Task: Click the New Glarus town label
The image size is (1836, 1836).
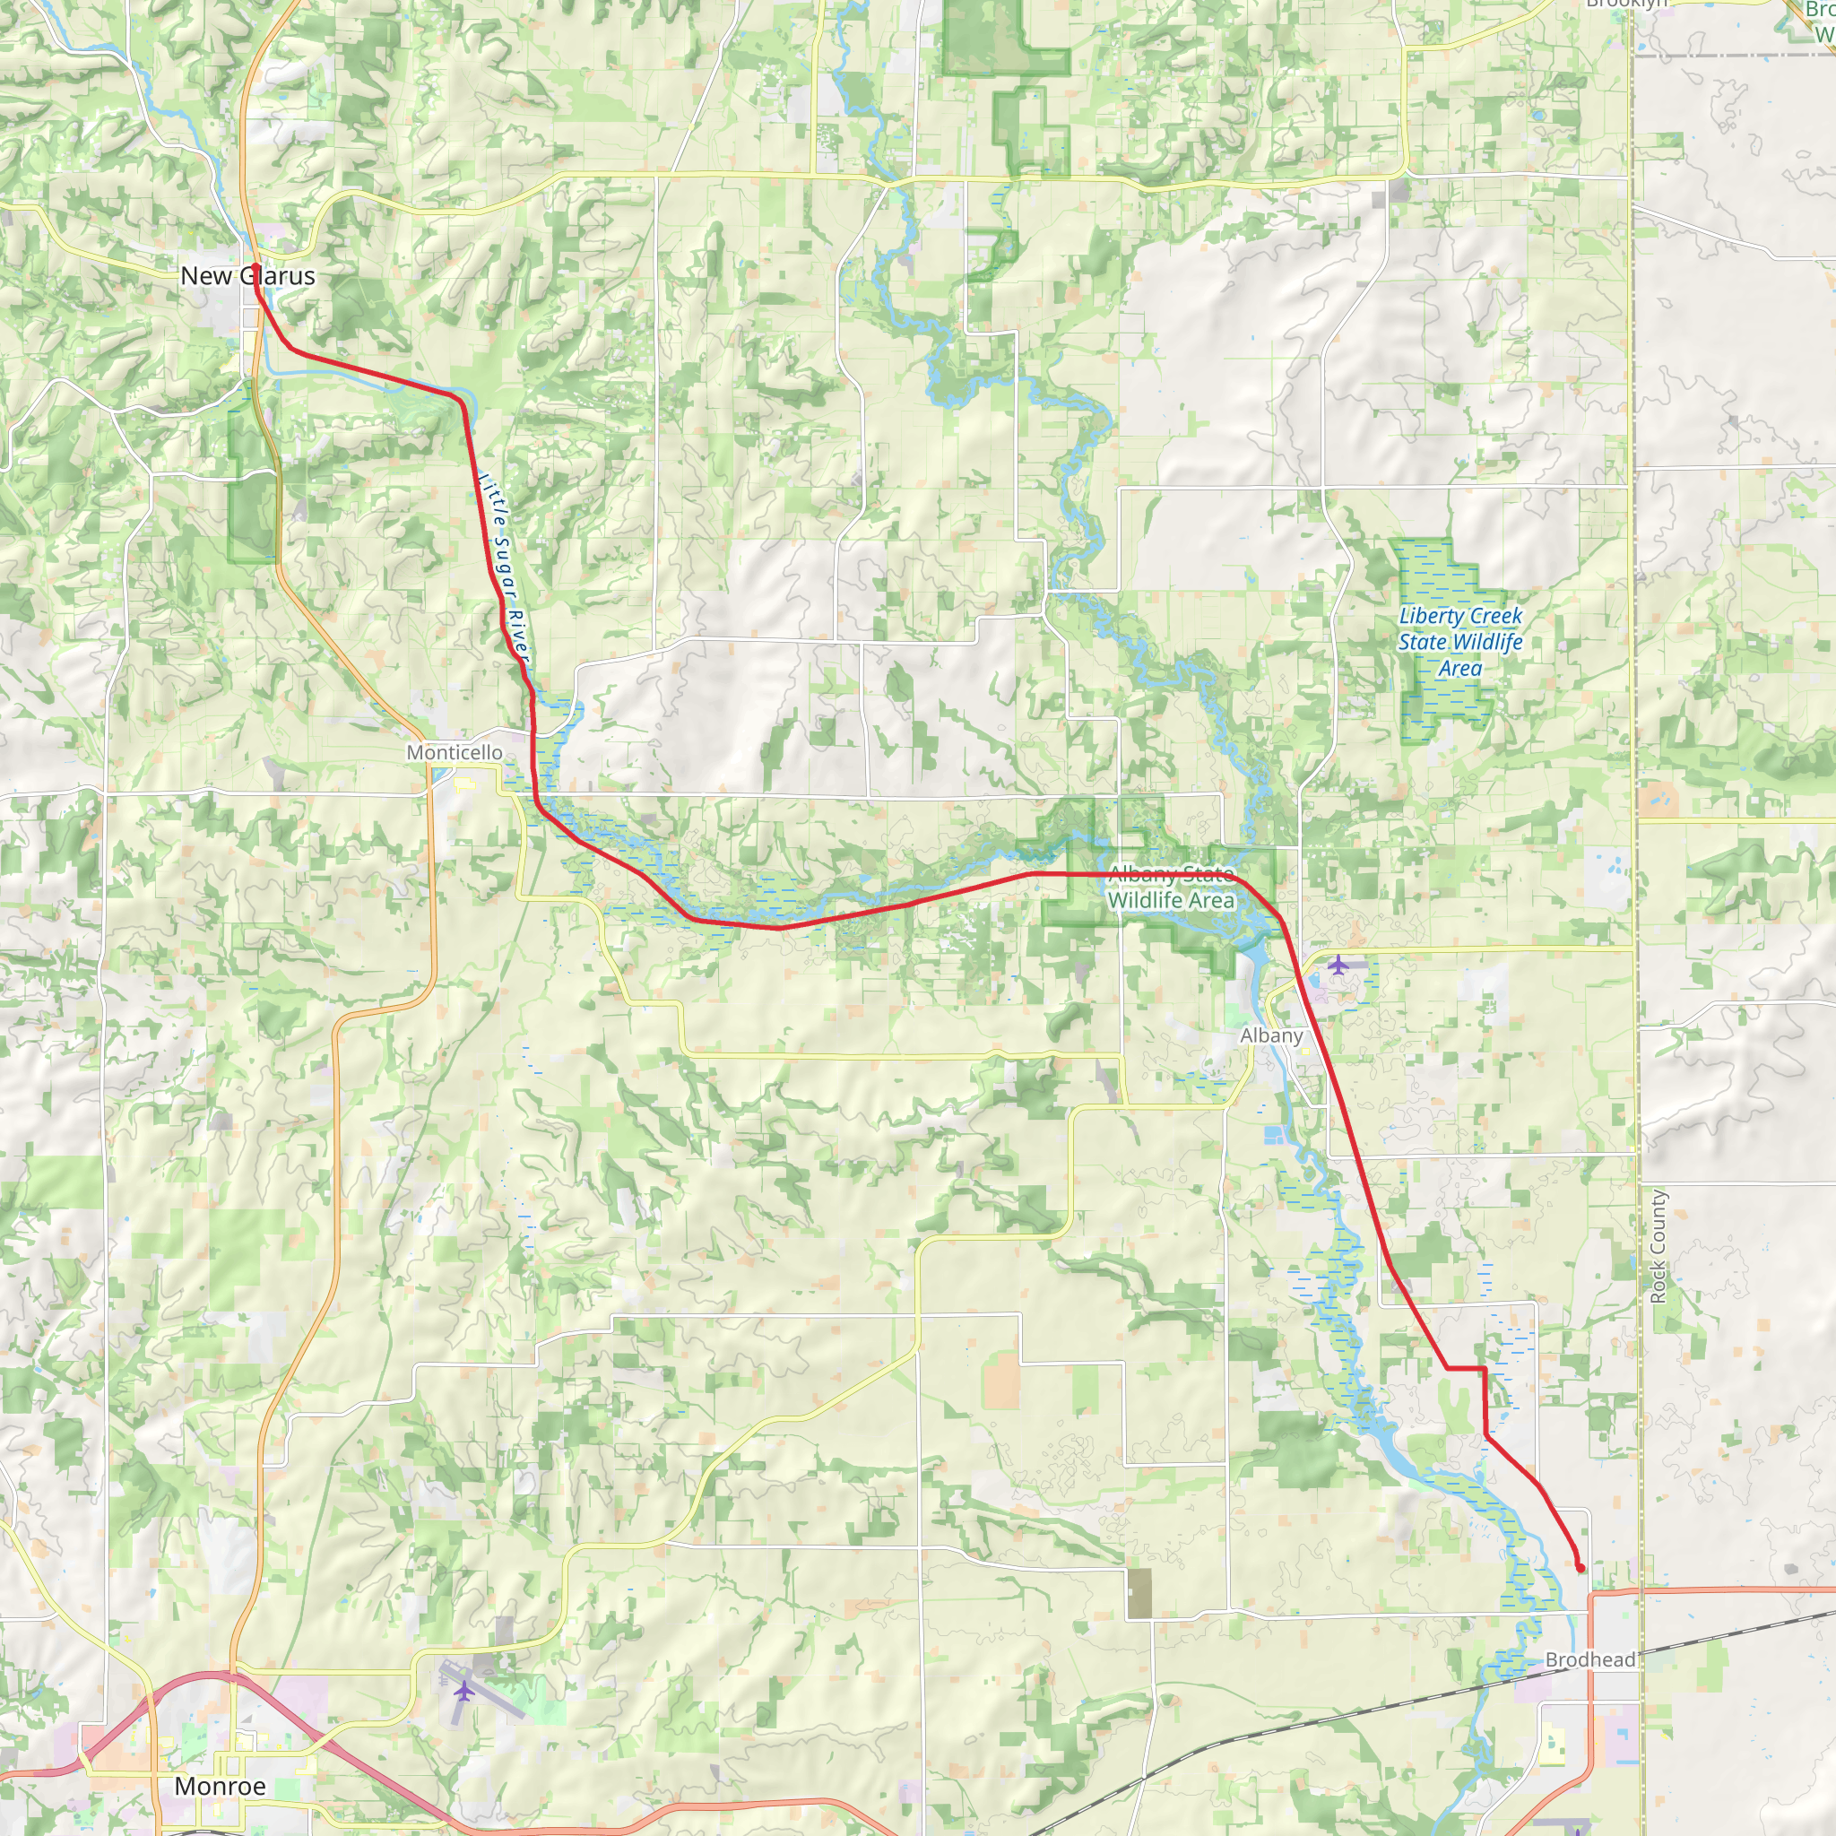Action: click(x=247, y=275)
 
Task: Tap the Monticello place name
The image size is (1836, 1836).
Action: click(x=455, y=753)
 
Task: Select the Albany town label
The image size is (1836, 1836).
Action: click(x=1270, y=1035)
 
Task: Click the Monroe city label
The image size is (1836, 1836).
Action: click(x=220, y=1786)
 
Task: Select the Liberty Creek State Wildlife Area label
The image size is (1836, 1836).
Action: click(x=1459, y=642)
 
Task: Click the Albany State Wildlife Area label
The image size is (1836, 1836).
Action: click(x=1171, y=887)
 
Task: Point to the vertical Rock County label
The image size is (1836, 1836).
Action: click(x=1658, y=1246)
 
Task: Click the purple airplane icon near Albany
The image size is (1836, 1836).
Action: click(x=1338, y=965)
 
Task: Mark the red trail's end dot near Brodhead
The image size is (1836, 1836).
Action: click(x=1581, y=1569)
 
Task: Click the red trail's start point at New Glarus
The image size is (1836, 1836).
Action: click(x=255, y=269)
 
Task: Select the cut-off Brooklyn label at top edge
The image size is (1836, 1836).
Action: click(x=1627, y=4)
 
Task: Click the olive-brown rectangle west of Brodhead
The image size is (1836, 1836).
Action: click(x=1139, y=1594)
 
